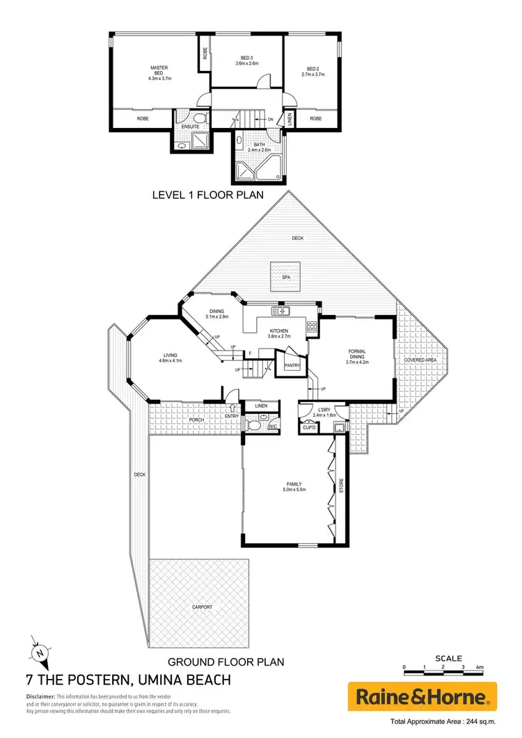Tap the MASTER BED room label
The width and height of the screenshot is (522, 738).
click(159, 69)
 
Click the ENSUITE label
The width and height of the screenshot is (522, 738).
click(191, 127)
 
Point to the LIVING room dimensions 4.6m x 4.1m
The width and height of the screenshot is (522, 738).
click(170, 360)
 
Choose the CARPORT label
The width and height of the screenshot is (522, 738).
click(202, 607)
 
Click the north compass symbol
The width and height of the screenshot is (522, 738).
click(41, 653)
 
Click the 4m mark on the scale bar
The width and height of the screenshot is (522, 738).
click(480, 667)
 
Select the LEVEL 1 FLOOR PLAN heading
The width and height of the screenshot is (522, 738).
click(207, 195)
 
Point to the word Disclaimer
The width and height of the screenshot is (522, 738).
click(40, 696)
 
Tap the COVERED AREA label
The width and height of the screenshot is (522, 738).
click(420, 360)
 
